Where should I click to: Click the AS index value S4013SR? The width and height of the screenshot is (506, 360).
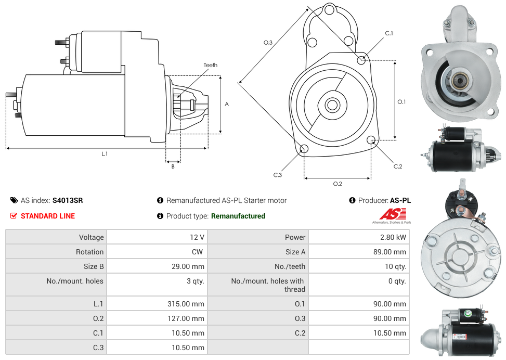click(x=68, y=200)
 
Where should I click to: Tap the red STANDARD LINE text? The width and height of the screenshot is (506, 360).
click(x=47, y=216)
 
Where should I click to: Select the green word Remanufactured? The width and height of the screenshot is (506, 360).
click(x=238, y=216)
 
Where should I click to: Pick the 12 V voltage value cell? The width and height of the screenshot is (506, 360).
click(x=197, y=237)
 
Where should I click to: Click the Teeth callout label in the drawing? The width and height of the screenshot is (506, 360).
click(x=211, y=65)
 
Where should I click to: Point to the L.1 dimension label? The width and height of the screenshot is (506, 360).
click(x=105, y=153)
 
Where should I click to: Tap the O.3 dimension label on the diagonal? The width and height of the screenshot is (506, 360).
click(x=268, y=43)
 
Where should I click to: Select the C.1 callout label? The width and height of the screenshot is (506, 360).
click(x=389, y=33)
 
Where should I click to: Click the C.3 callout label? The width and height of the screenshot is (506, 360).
click(x=278, y=175)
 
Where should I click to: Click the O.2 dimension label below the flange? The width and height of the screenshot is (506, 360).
click(x=338, y=184)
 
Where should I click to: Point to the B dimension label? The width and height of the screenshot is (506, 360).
click(x=173, y=166)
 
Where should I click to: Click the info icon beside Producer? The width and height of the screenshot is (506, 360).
click(x=352, y=200)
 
